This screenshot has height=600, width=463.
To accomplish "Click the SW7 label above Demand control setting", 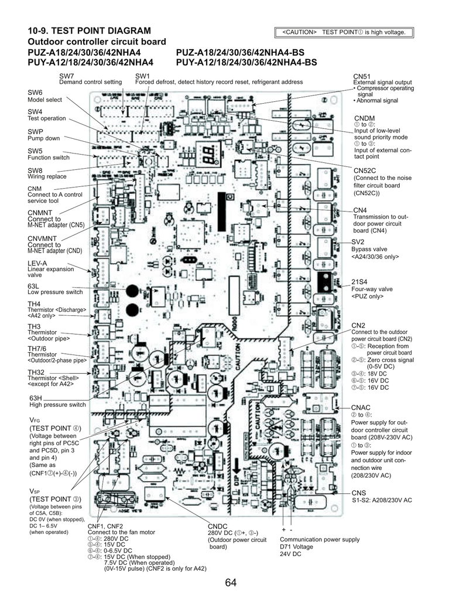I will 66,76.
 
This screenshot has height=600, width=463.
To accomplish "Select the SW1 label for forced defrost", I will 142,76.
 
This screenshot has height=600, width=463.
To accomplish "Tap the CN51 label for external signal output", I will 362,77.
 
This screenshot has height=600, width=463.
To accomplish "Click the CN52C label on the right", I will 364,171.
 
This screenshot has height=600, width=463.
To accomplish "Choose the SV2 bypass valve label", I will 358,242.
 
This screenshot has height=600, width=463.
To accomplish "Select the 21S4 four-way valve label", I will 359,282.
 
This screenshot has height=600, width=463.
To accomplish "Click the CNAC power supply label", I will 361,407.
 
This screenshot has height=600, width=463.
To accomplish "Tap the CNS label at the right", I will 358,493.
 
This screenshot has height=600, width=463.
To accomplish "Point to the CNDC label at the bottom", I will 217,527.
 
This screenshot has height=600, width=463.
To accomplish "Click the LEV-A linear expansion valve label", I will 37,263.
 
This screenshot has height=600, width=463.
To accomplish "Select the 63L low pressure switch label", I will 33,285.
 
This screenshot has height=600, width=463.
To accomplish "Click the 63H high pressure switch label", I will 36,398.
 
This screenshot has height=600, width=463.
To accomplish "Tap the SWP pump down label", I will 36,132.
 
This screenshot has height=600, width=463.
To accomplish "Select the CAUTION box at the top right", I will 344,32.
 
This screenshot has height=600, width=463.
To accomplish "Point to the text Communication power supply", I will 320,540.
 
